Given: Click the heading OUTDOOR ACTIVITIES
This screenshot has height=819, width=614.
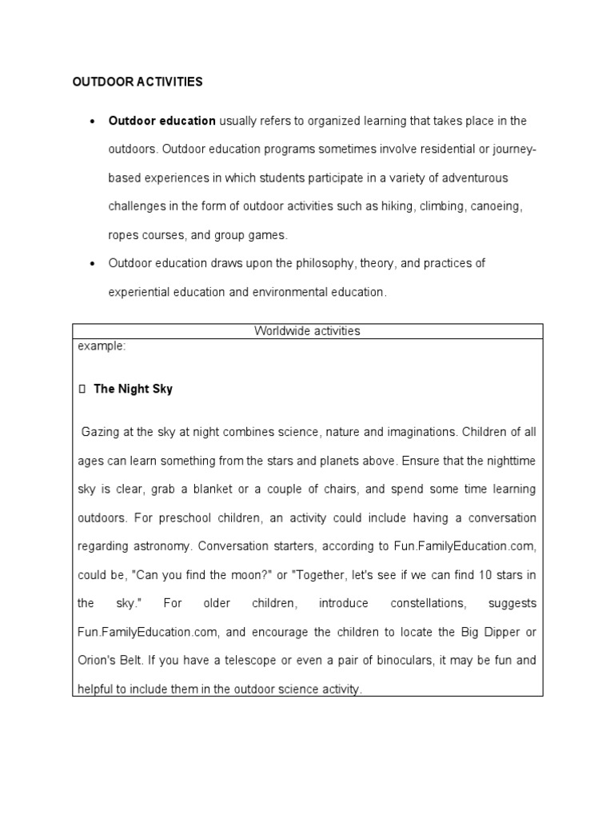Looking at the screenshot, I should (x=138, y=82).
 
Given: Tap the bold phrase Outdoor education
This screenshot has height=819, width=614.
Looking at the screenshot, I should (x=162, y=121).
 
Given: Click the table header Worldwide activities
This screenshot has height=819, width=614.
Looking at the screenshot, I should (x=307, y=331).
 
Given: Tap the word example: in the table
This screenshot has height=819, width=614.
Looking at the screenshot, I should (x=102, y=346).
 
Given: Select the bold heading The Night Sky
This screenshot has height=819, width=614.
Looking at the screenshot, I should (x=133, y=390).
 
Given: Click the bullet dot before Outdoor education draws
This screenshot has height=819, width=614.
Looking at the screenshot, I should (x=93, y=263).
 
